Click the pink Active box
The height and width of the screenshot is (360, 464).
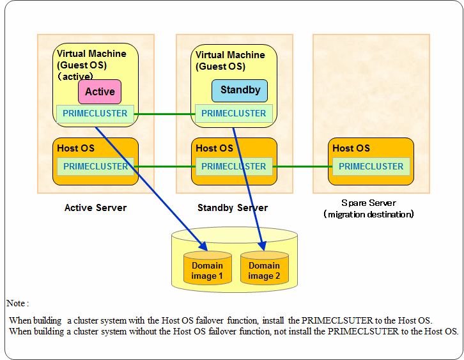point(100,92)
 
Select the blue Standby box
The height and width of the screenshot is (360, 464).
point(240,91)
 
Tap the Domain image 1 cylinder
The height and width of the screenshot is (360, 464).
point(207,268)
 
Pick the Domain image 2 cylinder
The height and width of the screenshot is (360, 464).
point(264,268)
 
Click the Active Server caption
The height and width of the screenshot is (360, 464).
point(96,208)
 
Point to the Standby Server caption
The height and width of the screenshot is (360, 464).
point(233,208)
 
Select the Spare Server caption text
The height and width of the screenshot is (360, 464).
point(369,208)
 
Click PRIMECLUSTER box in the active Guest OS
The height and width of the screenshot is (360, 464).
point(95,114)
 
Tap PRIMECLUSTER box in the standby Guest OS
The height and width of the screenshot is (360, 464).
point(234,113)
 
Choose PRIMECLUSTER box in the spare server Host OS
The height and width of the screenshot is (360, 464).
point(371,166)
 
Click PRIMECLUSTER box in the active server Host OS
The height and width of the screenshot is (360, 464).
point(96,166)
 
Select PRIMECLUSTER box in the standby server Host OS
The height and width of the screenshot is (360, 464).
point(234,166)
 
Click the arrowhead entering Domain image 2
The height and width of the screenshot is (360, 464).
point(263,246)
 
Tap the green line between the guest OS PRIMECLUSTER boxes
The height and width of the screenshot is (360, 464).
point(164,114)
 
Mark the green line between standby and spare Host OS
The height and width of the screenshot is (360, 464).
point(302,167)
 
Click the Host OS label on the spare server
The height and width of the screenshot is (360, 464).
point(352,148)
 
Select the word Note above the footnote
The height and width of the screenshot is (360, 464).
point(16,303)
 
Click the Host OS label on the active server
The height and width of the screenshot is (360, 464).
point(76,148)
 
